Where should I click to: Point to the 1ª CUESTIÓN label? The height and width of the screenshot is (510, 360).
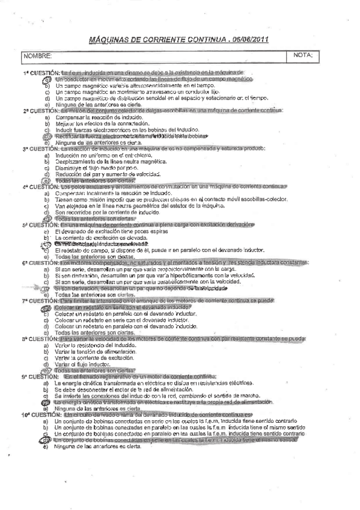(40, 73)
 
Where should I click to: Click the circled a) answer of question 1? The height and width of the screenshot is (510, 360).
(47, 79)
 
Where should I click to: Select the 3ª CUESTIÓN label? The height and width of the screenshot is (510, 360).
(40, 149)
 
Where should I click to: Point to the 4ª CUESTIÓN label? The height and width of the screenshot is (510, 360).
(40, 186)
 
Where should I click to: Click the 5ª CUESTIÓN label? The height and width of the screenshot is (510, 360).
(40, 224)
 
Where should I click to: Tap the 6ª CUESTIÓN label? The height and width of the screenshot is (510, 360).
(40, 263)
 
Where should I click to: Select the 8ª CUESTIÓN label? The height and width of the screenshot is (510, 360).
(40, 339)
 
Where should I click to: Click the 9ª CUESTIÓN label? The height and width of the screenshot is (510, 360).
(40, 376)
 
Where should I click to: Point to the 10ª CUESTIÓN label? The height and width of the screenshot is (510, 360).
(41, 415)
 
